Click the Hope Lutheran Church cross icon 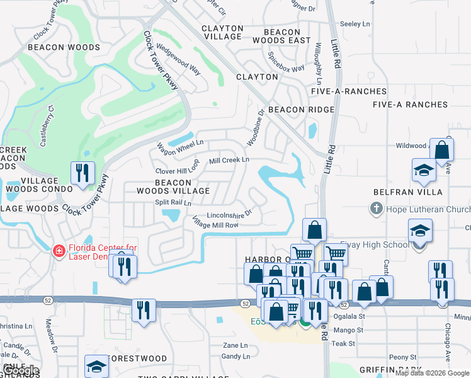[376, 209]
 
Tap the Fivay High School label [374, 245]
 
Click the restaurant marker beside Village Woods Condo [82, 174]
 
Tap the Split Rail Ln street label [173, 203]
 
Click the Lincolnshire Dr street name [229, 214]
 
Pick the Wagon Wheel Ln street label [180, 148]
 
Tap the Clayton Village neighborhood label [222, 33]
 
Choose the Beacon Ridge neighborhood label [301, 110]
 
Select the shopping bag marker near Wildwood [441, 151]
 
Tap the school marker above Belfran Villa [424, 171]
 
